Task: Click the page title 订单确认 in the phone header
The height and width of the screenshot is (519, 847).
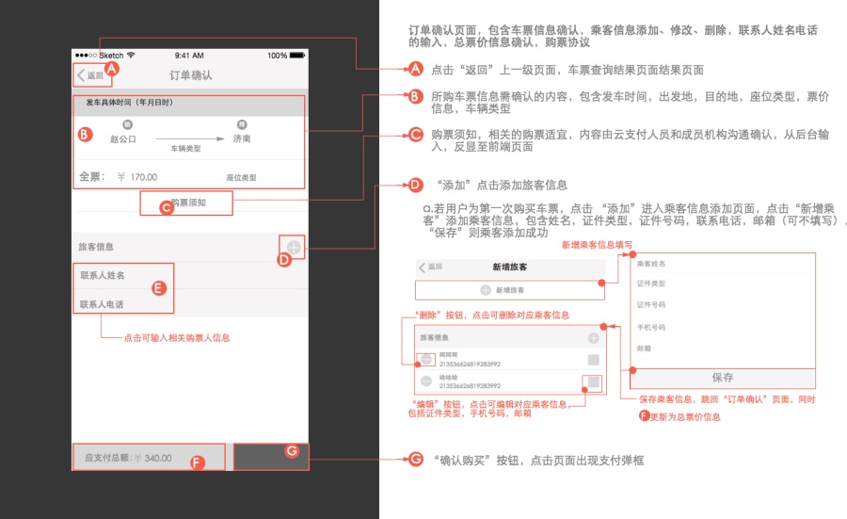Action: [x=190, y=75]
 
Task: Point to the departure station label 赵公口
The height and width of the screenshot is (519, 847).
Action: [x=123, y=138]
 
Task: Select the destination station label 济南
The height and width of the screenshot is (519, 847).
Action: [x=242, y=138]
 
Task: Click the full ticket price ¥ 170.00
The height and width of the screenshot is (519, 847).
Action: [x=137, y=176]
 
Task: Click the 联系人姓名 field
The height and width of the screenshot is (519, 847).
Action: [x=103, y=275]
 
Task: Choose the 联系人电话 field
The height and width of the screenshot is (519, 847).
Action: [x=103, y=303]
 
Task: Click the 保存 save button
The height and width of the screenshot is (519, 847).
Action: [x=722, y=378]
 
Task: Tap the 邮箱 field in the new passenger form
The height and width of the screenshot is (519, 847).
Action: [x=645, y=349]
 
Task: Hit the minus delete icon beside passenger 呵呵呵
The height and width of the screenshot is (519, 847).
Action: [x=425, y=359]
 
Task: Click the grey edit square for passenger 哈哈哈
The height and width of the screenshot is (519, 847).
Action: [x=593, y=381]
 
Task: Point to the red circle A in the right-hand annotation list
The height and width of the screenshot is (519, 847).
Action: [x=416, y=69]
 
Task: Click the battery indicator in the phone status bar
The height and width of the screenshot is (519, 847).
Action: [x=296, y=56]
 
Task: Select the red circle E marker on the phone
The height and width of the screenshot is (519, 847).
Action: [x=159, y=288]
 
